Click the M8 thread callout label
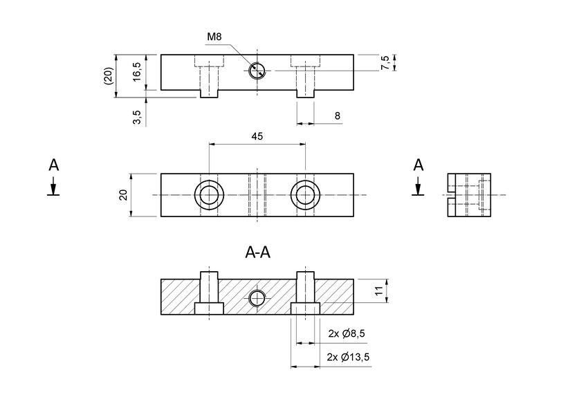(x=214, y=37)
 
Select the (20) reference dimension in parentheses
(x=108, y=75)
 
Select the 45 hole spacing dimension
(x=257, y=137)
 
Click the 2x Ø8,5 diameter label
(x=346, y=334)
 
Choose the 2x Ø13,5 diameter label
(x=348, y=357)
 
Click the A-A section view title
(x=257, y=253)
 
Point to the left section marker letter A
(x=53, y=165)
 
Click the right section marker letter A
(x=418, y=165)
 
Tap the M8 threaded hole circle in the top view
(x=257, y=71)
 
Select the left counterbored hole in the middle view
(x=208, y=195)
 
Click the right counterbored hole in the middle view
(x=305, y=195)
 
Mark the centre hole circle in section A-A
(x=257, y=298)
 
